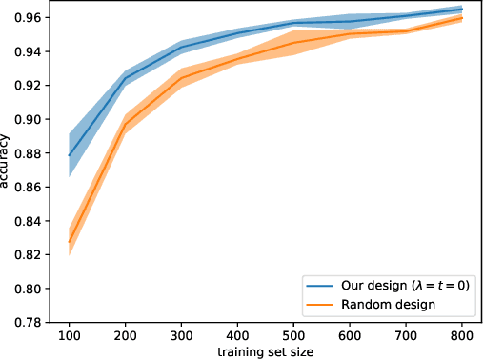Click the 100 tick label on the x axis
70,336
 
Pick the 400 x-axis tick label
238,336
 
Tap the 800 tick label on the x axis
463,336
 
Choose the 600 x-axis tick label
351,336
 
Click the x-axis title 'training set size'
266,351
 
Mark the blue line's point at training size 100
70,155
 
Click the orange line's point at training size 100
70,242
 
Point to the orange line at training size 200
126,125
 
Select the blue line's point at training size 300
182,48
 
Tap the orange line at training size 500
294,43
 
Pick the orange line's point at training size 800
463,18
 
